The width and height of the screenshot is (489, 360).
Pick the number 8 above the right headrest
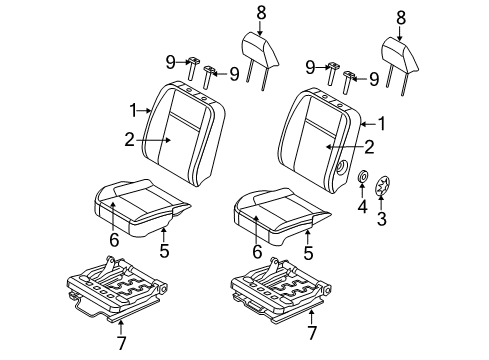click(x=400, y=17)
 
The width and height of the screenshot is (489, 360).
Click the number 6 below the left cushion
click(x=113, y=240)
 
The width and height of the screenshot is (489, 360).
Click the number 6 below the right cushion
click(x=257, y=252)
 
